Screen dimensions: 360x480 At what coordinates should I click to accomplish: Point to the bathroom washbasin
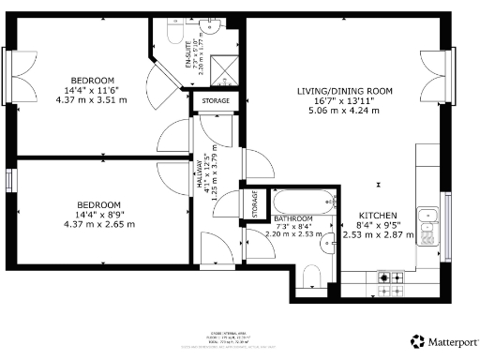(327, 247)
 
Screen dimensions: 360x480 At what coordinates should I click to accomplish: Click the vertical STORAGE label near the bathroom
(254, 204)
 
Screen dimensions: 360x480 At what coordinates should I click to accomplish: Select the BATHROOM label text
(293, 217)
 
